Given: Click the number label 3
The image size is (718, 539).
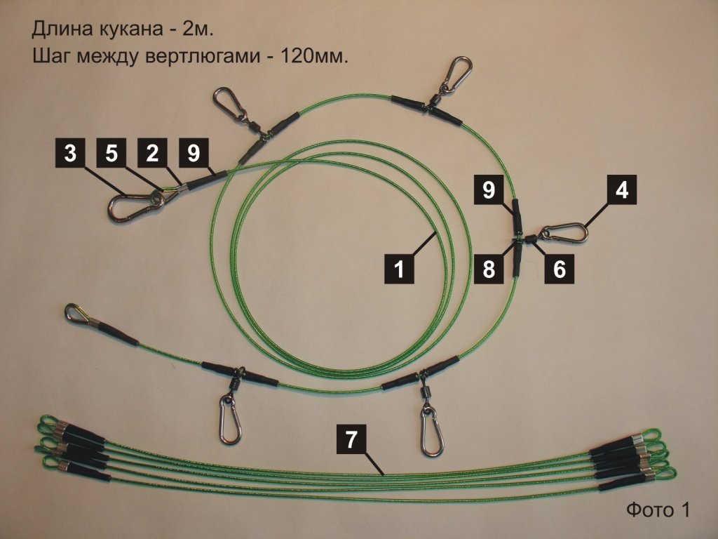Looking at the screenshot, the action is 71,152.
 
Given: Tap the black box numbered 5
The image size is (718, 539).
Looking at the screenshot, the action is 111,152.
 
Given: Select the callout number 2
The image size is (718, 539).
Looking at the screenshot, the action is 152,152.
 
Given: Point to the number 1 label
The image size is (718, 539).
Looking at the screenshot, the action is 399,269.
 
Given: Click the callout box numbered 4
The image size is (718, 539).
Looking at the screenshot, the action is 621,189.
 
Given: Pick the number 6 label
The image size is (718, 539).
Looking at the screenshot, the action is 559,269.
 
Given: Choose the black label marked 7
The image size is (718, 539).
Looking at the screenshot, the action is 351,439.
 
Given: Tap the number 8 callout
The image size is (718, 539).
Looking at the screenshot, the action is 489,269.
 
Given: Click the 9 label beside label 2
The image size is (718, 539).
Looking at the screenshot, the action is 194,152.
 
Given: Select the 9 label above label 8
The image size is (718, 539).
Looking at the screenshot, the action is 489,189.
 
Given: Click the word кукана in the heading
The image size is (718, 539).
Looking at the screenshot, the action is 130,29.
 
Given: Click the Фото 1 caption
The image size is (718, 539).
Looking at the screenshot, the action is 657,510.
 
